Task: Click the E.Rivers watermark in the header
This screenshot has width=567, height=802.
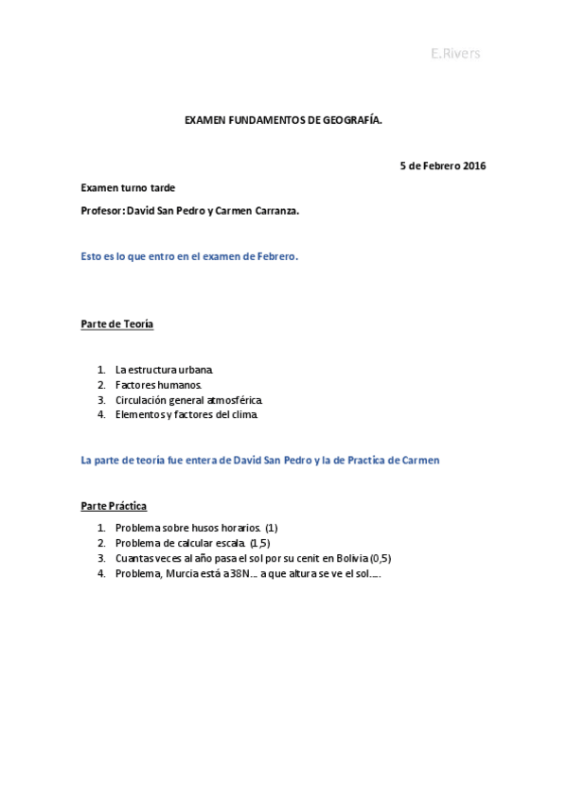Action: click(x=455, y=54)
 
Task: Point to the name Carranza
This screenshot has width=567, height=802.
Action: click(x=270, y=211)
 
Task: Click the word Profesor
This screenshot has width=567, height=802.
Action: click(x=101, y=211)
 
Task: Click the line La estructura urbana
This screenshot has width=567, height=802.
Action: click(x=164, y=369)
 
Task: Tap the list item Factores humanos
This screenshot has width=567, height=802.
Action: click(x=158, y=385)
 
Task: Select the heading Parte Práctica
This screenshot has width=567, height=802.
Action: click(x=114, y=506)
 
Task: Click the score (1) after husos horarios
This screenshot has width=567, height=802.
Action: click(x=272, y=527)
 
